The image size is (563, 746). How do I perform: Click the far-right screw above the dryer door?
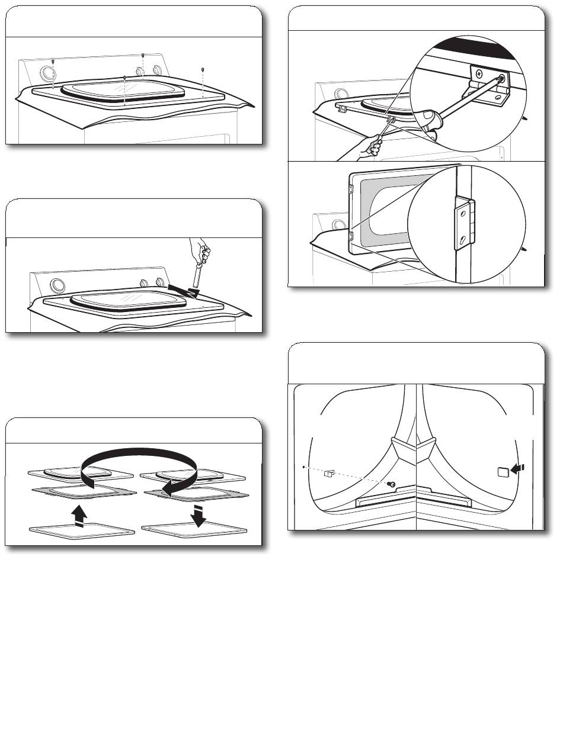click(203, 69)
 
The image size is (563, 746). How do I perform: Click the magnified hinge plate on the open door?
click(465, 221)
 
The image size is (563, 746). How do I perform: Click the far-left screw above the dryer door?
click(53, 61)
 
